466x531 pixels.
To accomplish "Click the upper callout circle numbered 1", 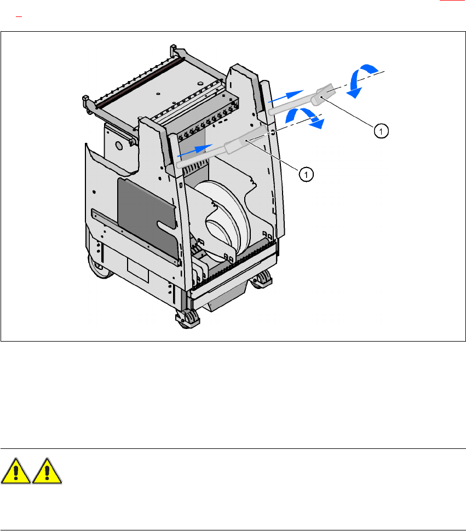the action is (x=381, y=130).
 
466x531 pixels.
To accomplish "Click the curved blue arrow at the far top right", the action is (x=362, y=79).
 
